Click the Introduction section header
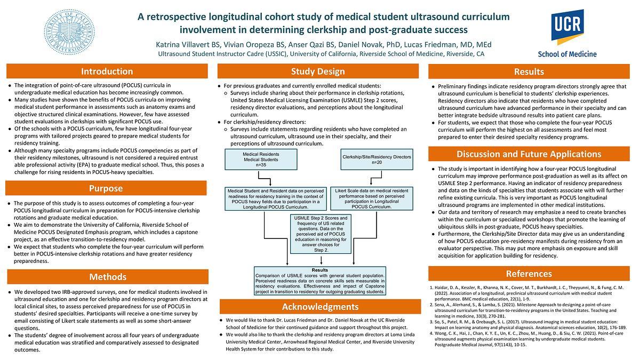click(107, 71)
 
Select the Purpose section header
click(107, 188)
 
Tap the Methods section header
click(107, 277)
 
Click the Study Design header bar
click(318, 71)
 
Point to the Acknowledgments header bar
click(318, 307)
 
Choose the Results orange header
click(529, 71)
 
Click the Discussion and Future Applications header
click(529, 154)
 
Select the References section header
click(529, 274)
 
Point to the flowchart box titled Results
click(320, 281)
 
